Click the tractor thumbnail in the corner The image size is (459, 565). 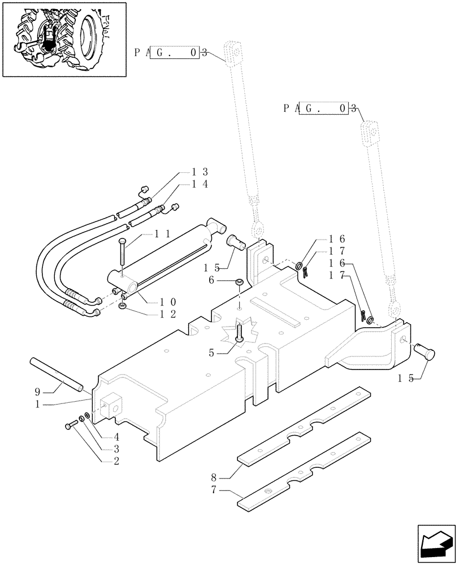tap(63, 40)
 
